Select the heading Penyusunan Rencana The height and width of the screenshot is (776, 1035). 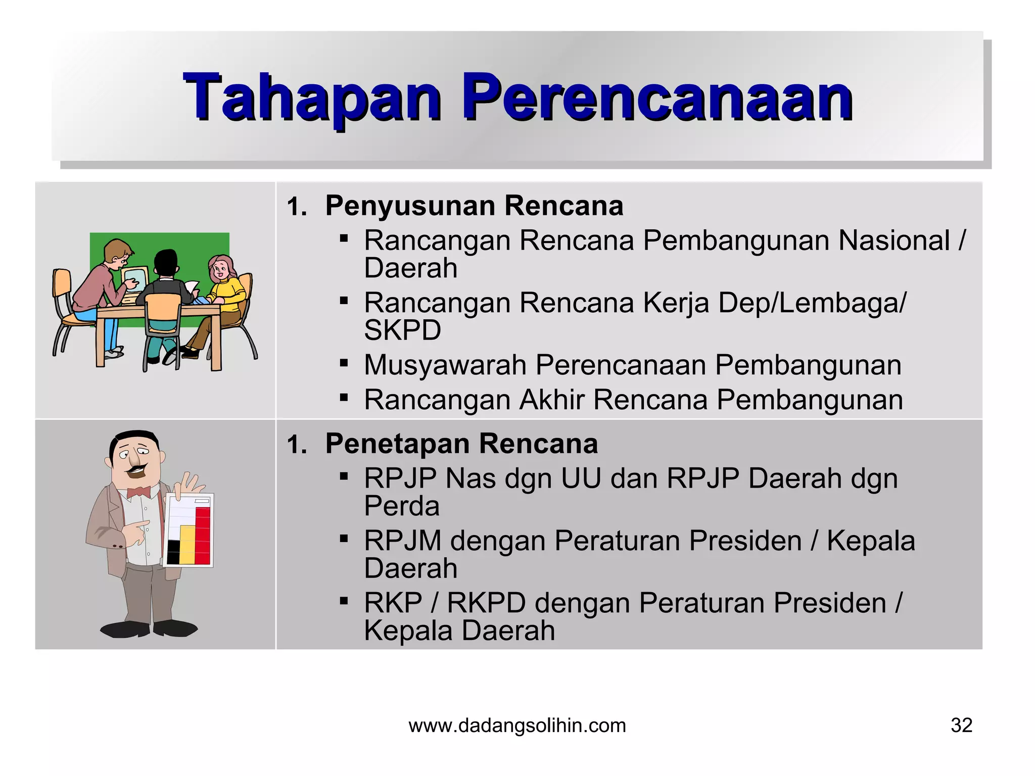pos(474,206)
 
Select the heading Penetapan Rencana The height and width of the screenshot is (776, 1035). pos(461,444)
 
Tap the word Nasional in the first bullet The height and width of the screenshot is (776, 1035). pos(894,240)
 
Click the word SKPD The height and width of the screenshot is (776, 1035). pos(402,330)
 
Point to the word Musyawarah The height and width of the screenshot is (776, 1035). pos(445,365)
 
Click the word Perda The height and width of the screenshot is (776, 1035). pos(402,506)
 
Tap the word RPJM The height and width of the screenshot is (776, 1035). pos(403,541)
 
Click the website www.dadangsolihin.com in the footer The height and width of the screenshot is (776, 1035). pos(517,725)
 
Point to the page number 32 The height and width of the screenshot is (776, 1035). pos(961,725)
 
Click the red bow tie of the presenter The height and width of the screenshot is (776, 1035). pos(138,492)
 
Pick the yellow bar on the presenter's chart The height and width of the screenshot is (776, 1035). pos(187,545)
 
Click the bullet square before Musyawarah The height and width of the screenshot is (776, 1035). pos(344,363)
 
